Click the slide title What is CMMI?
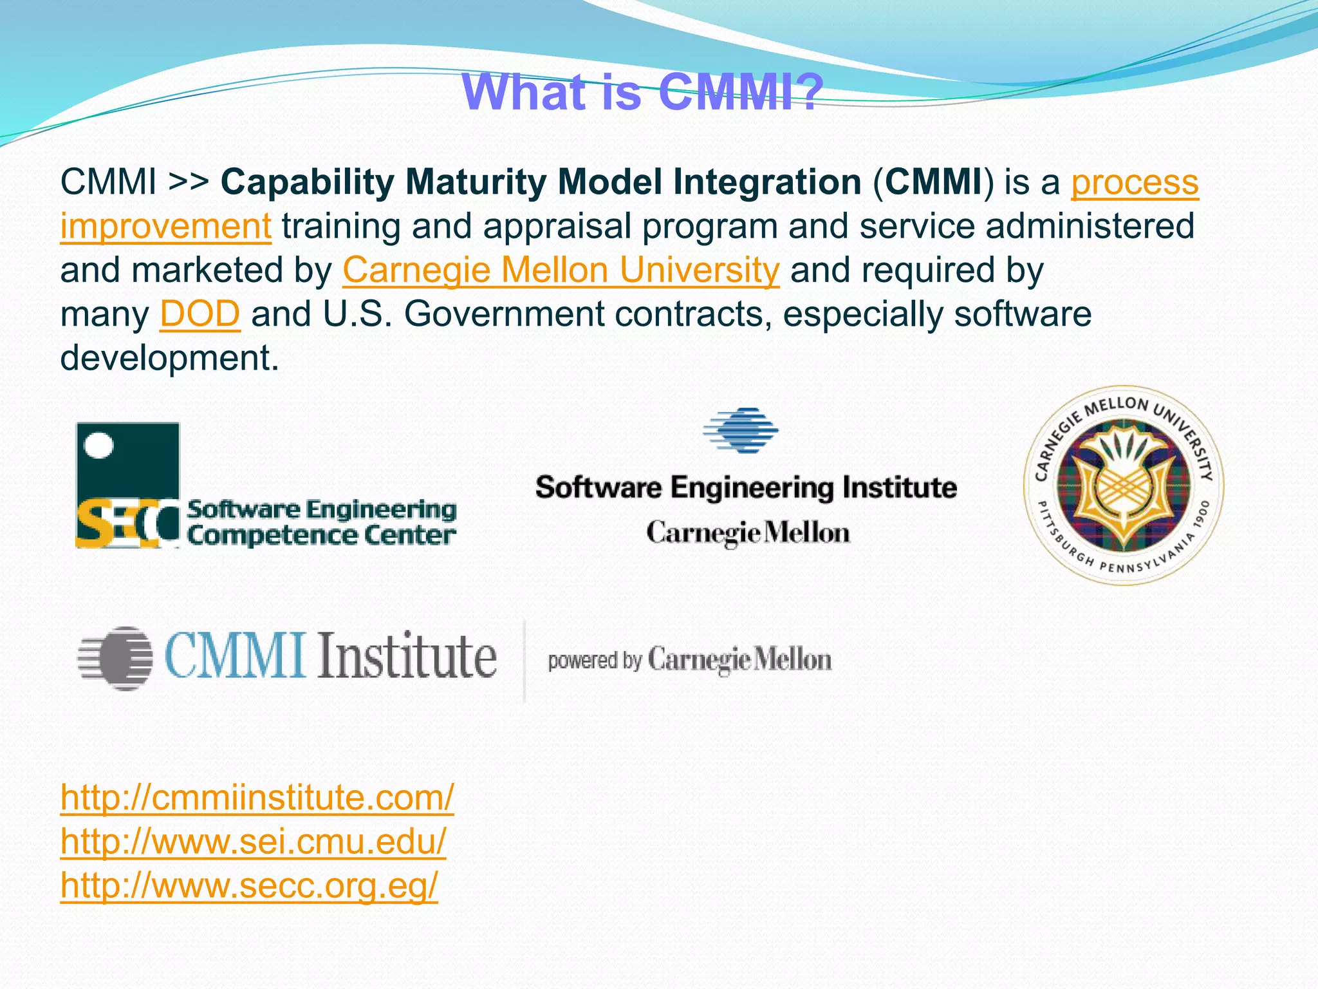coord(642,93)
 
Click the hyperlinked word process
coord(1134,183)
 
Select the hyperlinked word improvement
coord(165,227)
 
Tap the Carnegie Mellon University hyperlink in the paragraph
coord(561,270)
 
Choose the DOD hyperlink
coord(200,314)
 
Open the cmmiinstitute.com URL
coord(257,798)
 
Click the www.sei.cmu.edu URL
coord(253,842)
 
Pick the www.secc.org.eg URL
coord(249,885)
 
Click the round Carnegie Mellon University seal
coord(1123,485)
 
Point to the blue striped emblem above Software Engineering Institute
coord(741,430)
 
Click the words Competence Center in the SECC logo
coord(321,535)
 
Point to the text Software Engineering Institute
coord(745,487)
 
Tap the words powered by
coord(594,661)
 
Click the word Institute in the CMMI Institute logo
coord(407,657)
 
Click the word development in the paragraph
coord(169,358)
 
